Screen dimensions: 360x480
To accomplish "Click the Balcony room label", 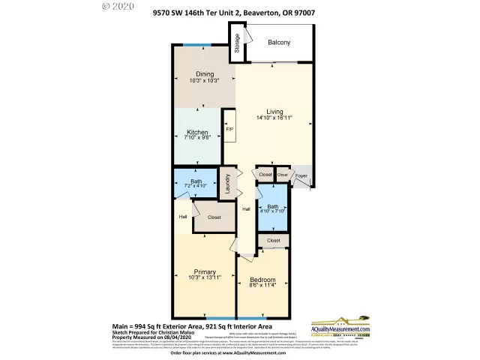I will [280, 43].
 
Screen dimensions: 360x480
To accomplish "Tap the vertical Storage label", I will [235, 43].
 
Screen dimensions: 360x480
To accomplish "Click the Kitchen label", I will [197, 132].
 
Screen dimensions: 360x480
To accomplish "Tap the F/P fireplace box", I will [229, 128].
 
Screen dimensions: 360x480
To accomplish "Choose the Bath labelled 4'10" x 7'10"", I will [272, 210].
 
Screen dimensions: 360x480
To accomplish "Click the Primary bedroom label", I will [205, 271].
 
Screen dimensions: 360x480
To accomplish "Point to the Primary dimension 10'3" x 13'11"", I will [205, 278].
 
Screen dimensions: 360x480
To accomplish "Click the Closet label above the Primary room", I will [214, 217].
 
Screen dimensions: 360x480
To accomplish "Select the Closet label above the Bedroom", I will [273, 241].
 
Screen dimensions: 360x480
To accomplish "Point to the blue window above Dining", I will [196, 46].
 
